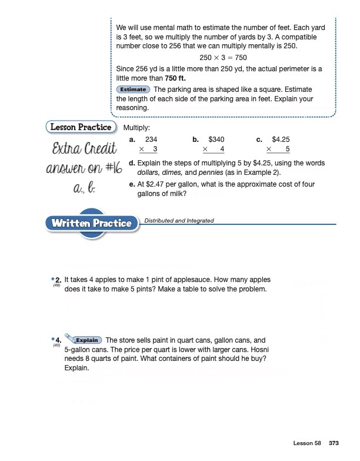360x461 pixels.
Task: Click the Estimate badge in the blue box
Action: click(133, 89)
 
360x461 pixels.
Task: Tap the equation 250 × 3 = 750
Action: click(224, 58)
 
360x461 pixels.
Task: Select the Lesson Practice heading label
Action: click(81, 127)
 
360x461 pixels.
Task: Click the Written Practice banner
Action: click(91, 223)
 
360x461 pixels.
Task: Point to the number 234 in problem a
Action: click(151, 140)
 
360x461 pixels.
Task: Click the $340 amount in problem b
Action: click(216, 140)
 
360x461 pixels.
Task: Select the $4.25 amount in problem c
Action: click(282, 140)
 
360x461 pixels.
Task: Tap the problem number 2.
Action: click(58, 280)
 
